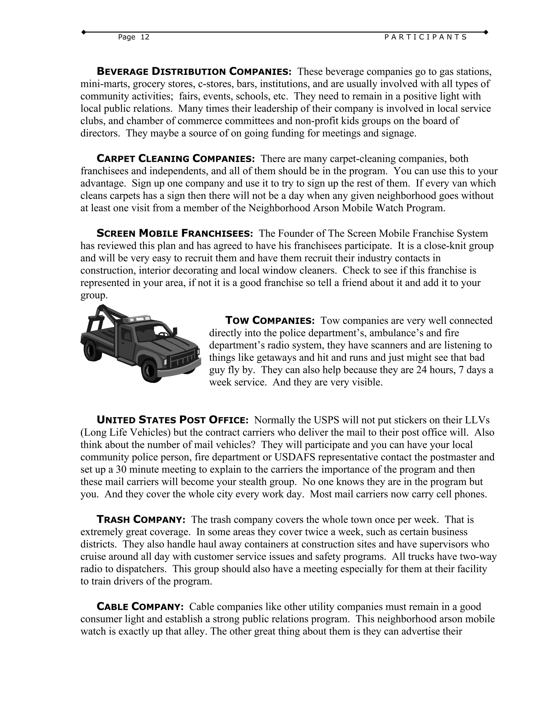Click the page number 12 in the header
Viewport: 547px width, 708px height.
click(145, 37)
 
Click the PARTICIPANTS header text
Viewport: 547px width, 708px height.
click(425, 37)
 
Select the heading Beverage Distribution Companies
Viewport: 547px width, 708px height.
click(194, 71)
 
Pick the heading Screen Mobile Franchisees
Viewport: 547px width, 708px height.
click(175, 234)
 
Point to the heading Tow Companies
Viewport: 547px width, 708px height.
click(269, 321)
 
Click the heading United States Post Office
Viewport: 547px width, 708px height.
click(172, 420)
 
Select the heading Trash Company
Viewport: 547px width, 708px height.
click(141, 520)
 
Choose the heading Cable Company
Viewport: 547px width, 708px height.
click(140, 606)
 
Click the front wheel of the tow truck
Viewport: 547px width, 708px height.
click(150, 369)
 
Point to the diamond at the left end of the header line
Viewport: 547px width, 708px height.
click(84, 32)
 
